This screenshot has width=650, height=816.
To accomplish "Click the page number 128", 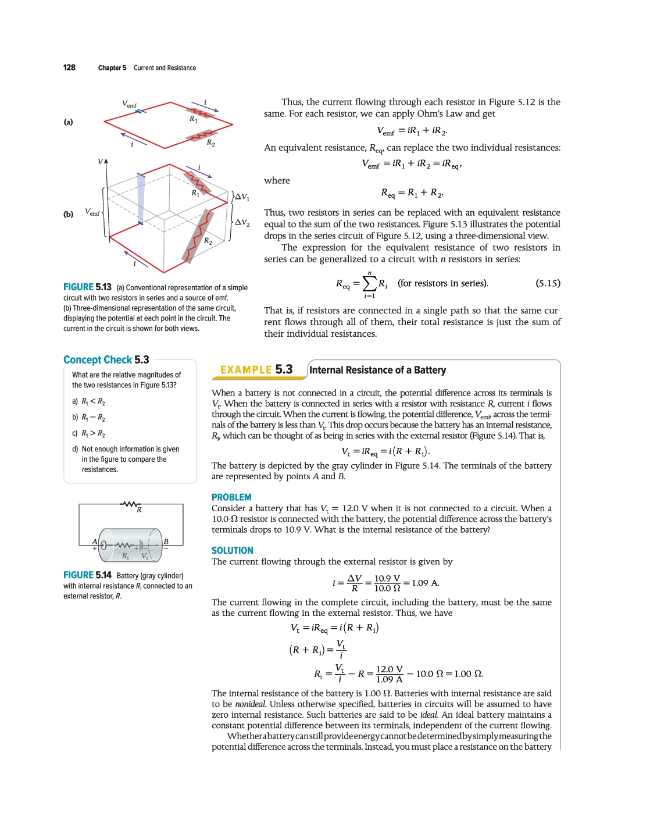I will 69,67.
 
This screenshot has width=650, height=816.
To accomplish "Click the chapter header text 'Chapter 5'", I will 112,68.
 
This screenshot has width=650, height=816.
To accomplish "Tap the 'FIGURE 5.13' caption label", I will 87,287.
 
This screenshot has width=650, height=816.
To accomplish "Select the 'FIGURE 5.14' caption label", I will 87,575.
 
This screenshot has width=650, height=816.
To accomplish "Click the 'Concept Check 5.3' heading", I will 106,360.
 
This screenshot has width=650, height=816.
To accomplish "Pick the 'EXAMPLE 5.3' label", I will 256,370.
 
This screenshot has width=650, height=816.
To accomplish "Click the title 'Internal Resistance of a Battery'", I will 378,370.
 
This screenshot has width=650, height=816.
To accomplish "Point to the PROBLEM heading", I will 231,497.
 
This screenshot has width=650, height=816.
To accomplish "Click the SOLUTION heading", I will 233,551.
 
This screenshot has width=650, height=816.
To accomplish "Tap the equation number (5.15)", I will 548,283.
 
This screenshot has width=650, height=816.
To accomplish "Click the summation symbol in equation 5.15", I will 369,283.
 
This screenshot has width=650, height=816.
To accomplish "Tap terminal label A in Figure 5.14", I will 94,541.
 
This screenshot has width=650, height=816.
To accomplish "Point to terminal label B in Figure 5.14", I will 166,541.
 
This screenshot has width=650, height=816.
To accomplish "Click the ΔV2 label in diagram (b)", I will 242,223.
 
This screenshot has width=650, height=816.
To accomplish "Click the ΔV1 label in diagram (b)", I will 242,197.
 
